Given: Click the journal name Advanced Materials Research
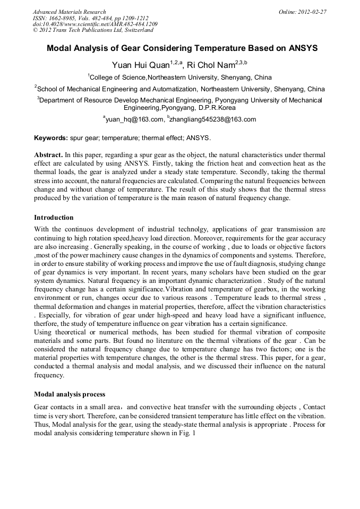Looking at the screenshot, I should [x=69, y=12].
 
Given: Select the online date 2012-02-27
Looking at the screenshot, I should [x=312, y=12].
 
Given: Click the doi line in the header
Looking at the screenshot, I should [x=95, y=24].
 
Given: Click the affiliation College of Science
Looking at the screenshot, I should [x=118, y=77].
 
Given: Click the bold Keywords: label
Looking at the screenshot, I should [x=51, y=138].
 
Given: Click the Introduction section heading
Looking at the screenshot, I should [x=54, y=218].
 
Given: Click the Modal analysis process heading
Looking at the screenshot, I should [x=69, y=394].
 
